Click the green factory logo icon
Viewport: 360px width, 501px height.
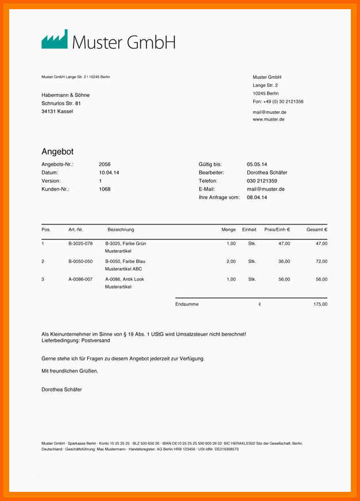coord(54,40)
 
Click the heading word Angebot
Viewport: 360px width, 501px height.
coord(57,152)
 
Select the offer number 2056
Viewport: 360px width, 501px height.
coord(104,164)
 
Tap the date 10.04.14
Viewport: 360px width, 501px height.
coord(109,172)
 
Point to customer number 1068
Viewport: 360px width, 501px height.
coord(104,189)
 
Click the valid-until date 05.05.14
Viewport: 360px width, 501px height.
coord(257,164)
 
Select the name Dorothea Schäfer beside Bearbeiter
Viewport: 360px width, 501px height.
coord(267,172)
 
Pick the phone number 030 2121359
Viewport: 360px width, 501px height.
coord(262,181)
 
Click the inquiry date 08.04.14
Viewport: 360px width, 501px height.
coord(257,197)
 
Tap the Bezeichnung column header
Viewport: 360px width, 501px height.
coord(121,230)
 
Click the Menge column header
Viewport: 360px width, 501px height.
coord(229,230)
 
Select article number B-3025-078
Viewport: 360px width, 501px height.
coord(80,243)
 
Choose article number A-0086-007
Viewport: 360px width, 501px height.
coord(80,279)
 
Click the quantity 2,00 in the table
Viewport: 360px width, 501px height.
coord(231,261)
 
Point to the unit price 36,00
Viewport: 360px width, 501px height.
coord(284,261)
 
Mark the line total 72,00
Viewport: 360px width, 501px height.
coord(322,261)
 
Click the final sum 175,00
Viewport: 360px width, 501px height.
coord(320,304)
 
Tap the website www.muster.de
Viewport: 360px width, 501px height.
coord(268,119)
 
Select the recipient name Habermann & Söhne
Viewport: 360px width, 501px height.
coord(65,95)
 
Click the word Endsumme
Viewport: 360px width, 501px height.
coord(187,304)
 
